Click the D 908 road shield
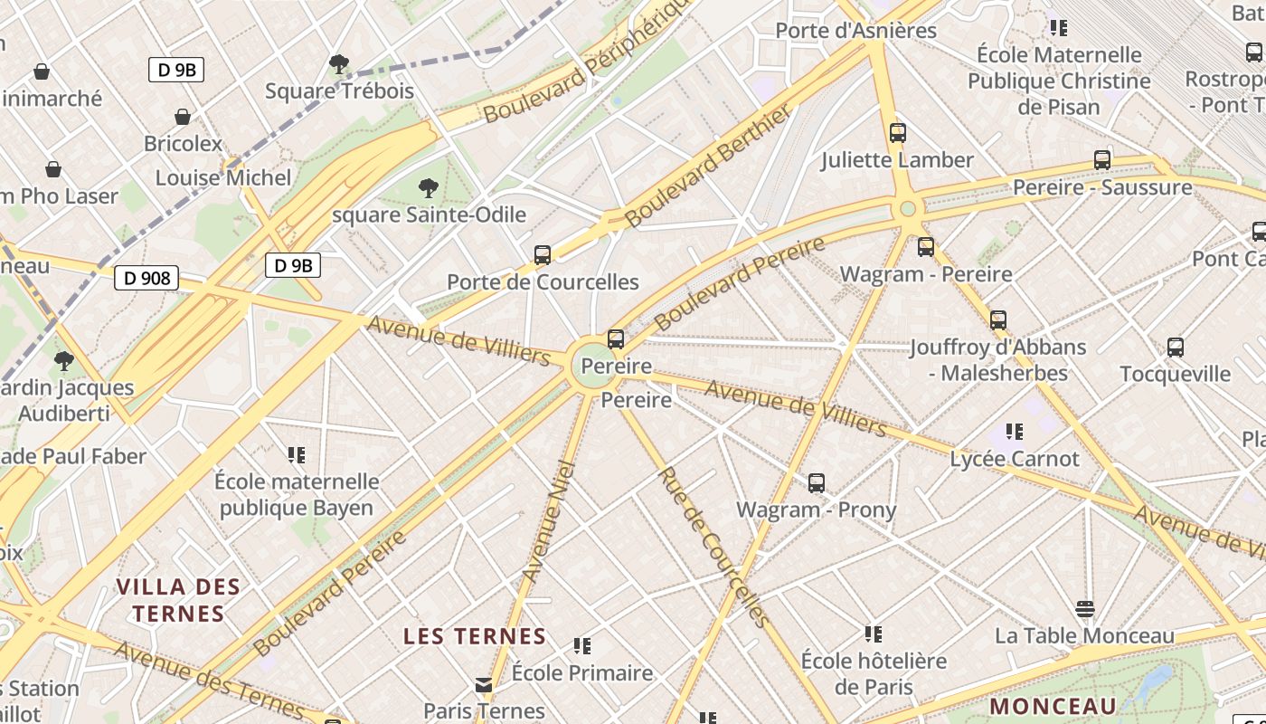(146, 278)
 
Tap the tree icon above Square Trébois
(339, 63)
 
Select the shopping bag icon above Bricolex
(183, 117)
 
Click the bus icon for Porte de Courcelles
(543, 255)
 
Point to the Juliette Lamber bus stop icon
(898, 133)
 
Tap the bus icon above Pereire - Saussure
(1102, 160)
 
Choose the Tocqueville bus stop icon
(1176, 348)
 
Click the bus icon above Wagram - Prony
(817, 483)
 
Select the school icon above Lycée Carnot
(1015, 432)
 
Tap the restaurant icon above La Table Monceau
(1085, 608)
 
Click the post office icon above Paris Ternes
(484, 685)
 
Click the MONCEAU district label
(1053, 706)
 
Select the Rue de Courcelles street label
(714, 548)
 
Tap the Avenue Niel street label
(549, 520)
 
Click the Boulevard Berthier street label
(708, 165)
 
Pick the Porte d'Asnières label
(856, 31)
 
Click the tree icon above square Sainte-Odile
(429, 188)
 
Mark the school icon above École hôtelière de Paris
(874, 633)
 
